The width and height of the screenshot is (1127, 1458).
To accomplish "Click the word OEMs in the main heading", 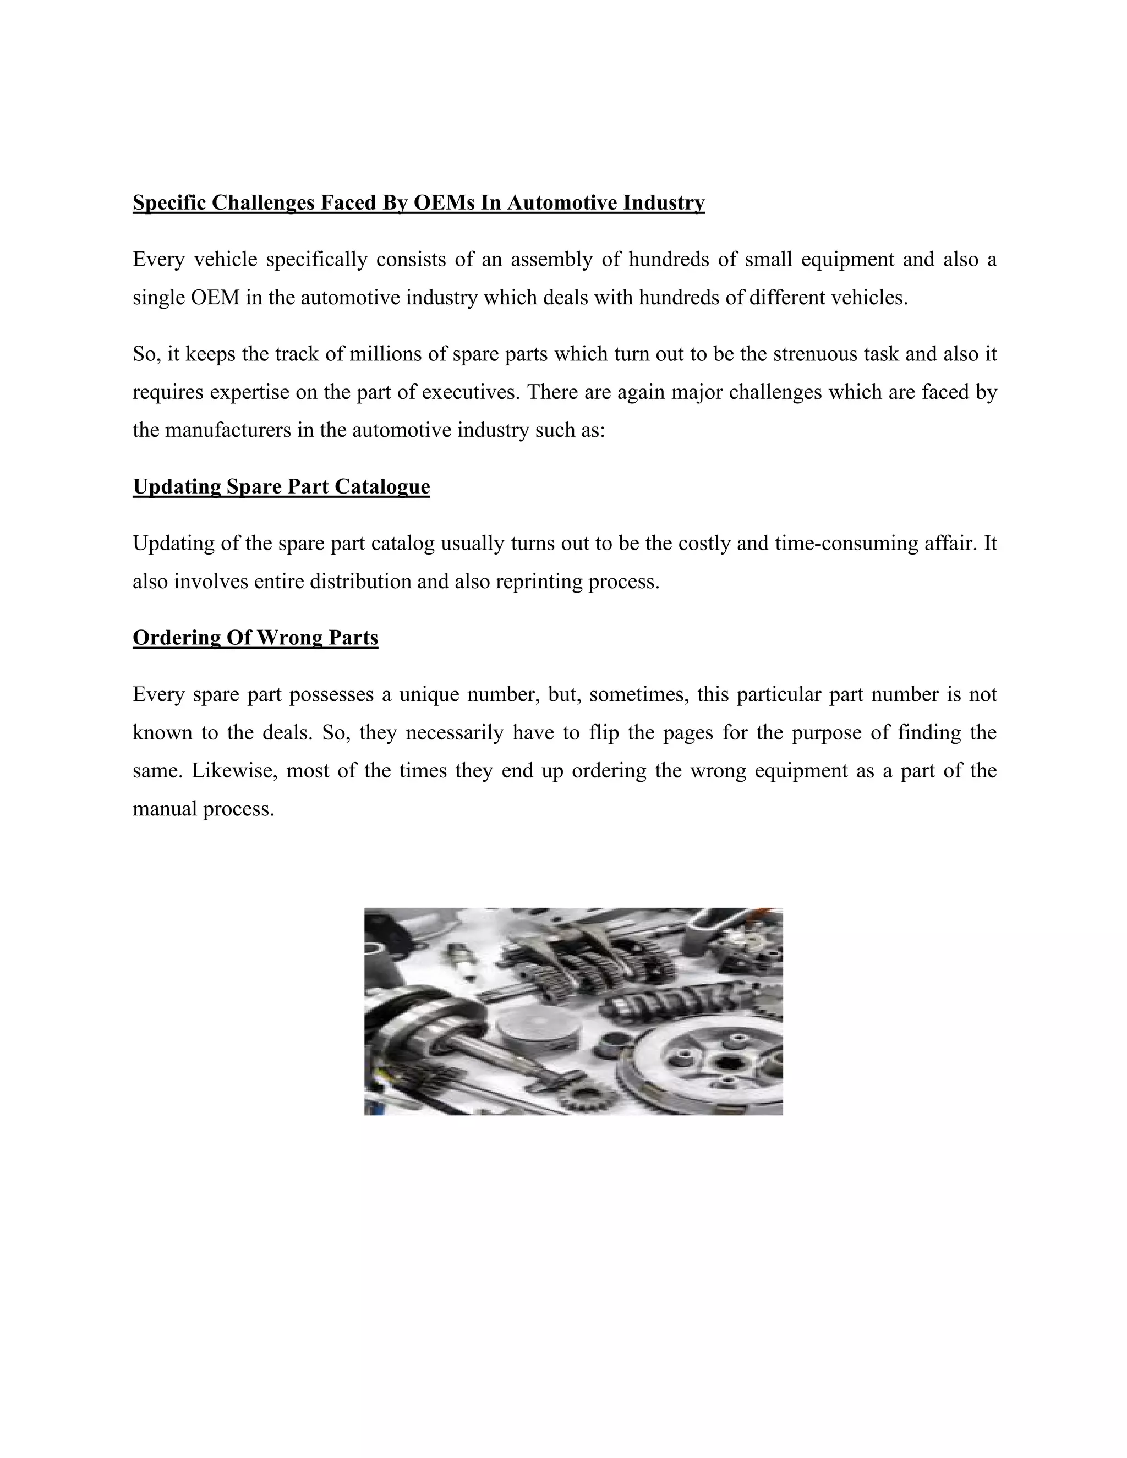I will pos(444,202).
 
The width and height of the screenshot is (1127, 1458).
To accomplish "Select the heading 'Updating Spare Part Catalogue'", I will pos(281,487).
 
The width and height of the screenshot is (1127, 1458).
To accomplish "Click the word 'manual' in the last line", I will pos(164,809).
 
